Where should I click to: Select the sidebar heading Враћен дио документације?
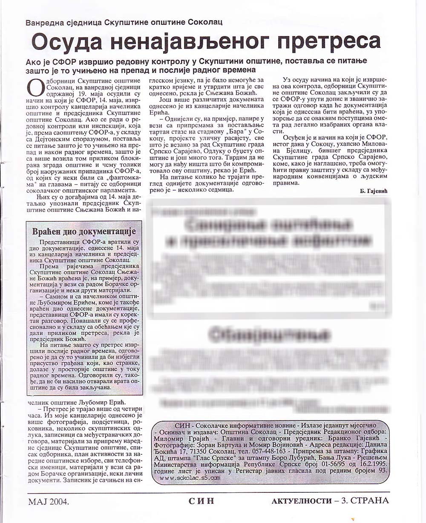coord(84,231)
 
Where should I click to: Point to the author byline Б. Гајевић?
coord(371,191)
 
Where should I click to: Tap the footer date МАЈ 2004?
coord(49,501)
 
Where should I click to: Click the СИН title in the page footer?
coord(201,501)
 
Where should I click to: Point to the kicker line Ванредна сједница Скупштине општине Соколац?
coord(124,22)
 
